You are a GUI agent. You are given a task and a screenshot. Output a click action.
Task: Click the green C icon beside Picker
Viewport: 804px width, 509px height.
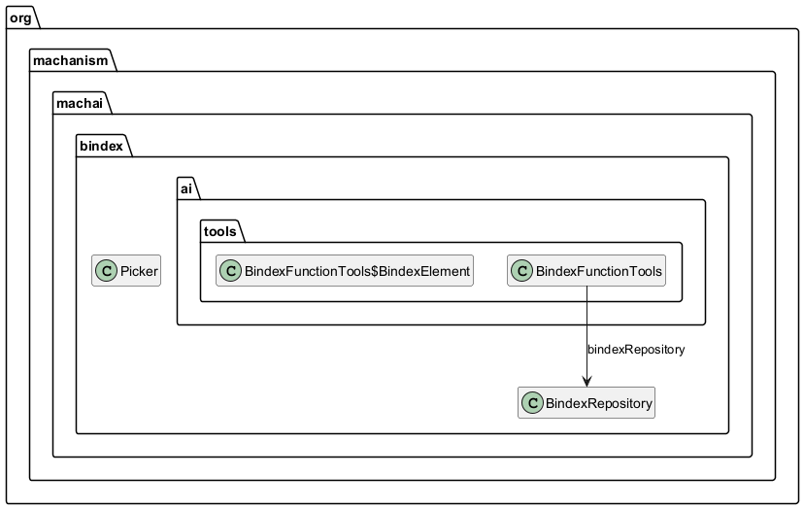coord(108,272)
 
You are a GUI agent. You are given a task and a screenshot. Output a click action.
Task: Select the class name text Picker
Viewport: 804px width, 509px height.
coord(139,272)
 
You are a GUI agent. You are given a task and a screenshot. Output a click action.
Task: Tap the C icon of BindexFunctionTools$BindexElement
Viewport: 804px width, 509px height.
coord(231,272)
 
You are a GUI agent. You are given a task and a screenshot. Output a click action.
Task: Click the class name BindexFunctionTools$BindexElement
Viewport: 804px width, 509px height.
coord(356,272)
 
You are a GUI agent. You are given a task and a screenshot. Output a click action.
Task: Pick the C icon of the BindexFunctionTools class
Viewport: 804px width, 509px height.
coord(522,272)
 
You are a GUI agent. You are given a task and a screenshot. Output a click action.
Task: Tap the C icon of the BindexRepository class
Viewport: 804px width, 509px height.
coord(533,402)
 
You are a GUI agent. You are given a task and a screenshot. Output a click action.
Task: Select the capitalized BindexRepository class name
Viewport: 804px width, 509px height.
coord(598,402)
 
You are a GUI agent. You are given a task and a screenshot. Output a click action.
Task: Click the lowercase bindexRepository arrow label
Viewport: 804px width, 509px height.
coord(636,350)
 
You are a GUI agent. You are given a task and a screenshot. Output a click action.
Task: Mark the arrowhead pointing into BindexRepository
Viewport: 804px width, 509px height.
coord(586,381)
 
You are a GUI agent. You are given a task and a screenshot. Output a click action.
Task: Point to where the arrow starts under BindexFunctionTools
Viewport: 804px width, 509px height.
coord(586,288)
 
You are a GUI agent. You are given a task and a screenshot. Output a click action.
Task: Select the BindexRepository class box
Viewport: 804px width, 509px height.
coord(586,402)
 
